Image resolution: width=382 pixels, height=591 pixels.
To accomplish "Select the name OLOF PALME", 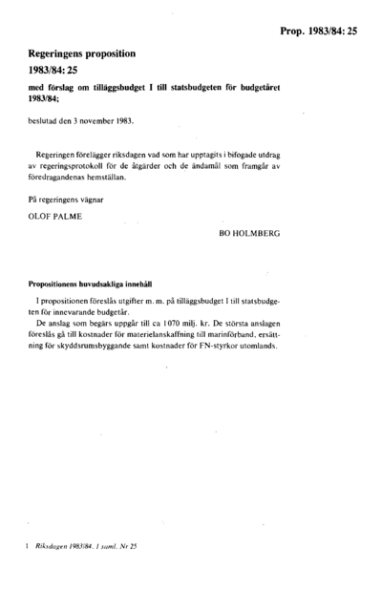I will point(53,217).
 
